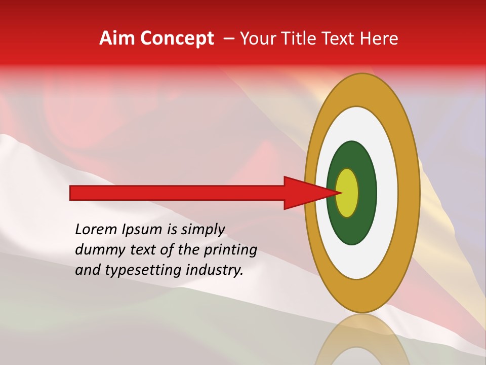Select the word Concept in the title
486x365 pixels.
coord(177,39)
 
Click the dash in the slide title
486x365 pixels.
coord(228,39)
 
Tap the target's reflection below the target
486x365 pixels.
coord(362,340)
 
